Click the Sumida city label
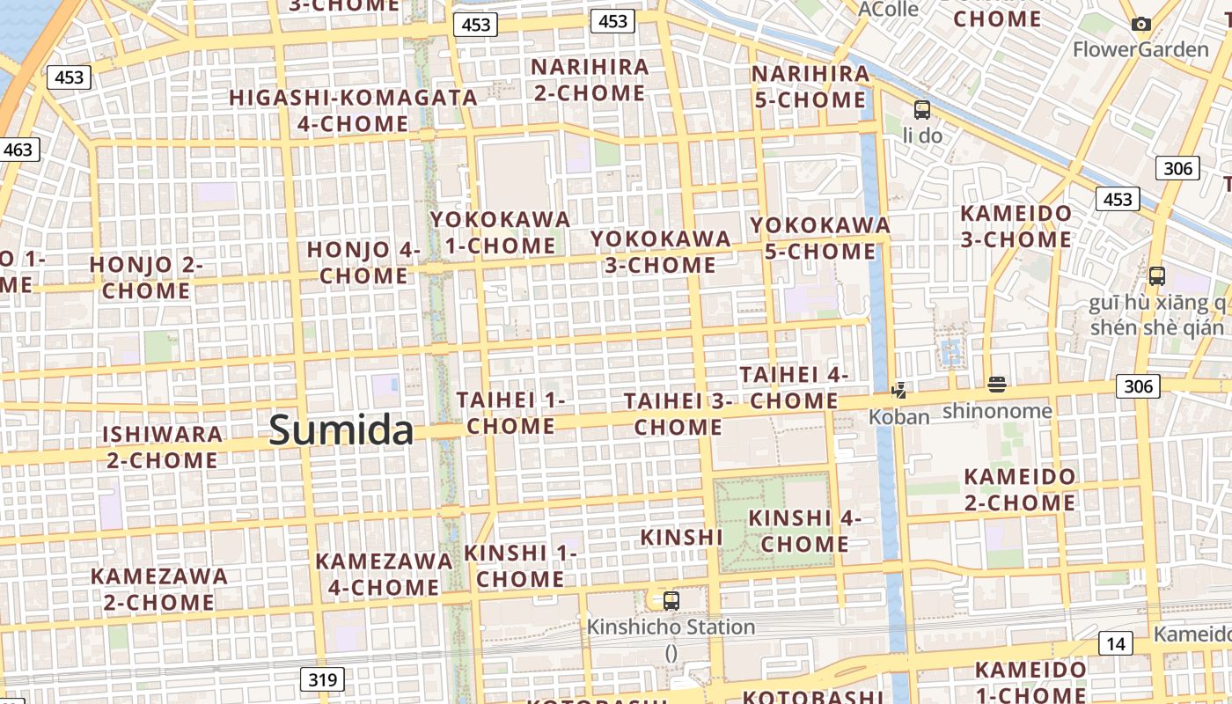[x=341, y=430]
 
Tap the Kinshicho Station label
[x=671, y=627]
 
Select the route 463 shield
[x=18, y=150]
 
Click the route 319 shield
[x=322, y=679]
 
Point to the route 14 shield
[x=1116, y=643]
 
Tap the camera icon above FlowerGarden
[x=1141, y=25]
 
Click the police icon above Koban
[x=898, y=390]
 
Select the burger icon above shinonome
[x=996, y=384]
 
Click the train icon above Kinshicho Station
[x=671, y=601]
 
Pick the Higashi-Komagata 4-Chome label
[x=353, y=110]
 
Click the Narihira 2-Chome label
[x=590, y=79]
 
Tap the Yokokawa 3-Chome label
[x=661, y=252]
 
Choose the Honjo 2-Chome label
[x=146, y=277]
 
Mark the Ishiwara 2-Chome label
[x=162, y=447]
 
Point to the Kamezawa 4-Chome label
[x=384, y=574]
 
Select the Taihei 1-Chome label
[x=510, y=413]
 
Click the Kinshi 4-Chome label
[x=804, y=531]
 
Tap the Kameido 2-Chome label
[x=1019, y=490]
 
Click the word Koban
[x=898, y=417]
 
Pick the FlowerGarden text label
[x=1140, y=49]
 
